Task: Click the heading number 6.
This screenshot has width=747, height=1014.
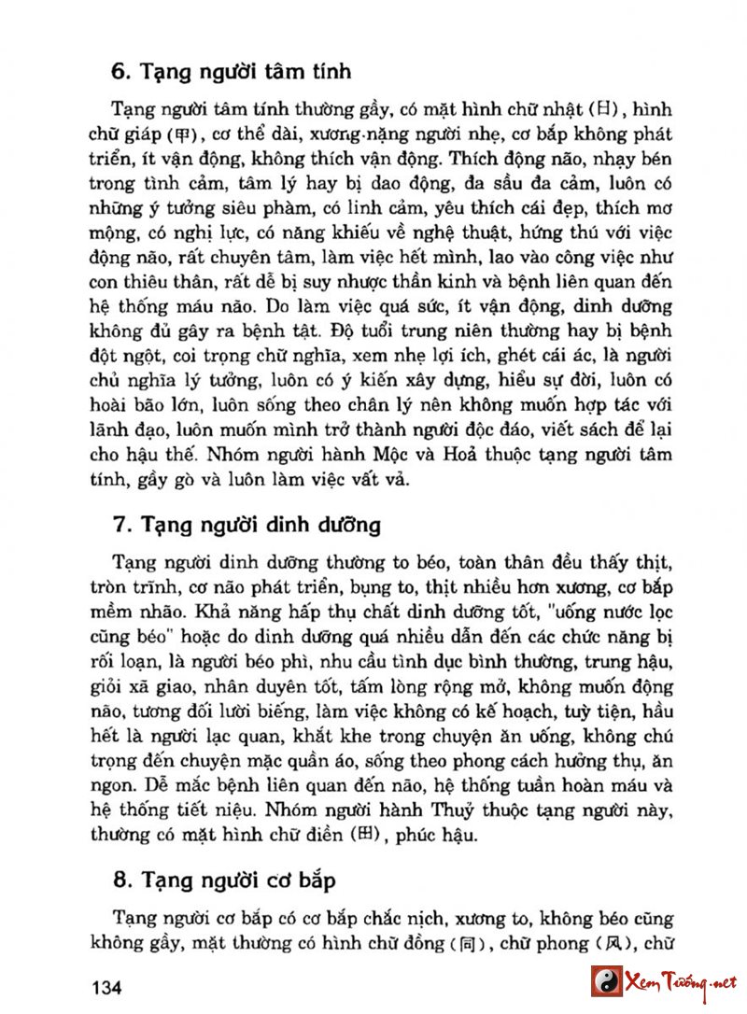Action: (118, 70)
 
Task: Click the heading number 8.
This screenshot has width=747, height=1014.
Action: (119, 880)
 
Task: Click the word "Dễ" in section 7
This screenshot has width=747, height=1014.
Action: (125, 785)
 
